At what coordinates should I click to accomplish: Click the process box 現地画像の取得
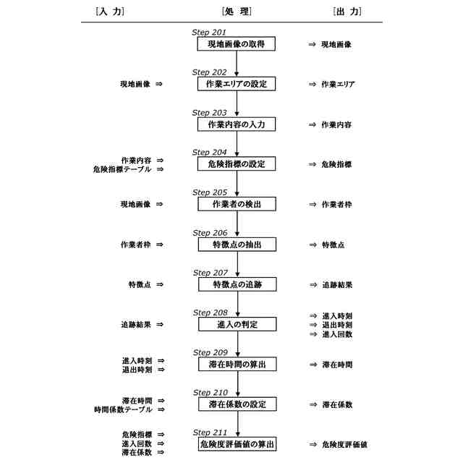[237, 44]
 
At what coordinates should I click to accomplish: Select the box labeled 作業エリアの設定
[237, 84]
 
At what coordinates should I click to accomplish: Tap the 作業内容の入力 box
[237, 124]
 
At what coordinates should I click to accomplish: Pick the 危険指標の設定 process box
[237, 164]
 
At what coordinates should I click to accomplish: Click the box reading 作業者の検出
[237, 205]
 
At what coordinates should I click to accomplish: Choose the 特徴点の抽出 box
[237, 245]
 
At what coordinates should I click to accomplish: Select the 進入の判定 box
[237, 324]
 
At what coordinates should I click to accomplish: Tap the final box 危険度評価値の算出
[237, 443]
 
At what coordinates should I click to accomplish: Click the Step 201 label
[209, 33]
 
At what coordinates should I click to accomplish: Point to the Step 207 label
[210, 273]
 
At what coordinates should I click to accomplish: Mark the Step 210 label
[210, 392]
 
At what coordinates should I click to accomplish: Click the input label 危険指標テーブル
[122, 169]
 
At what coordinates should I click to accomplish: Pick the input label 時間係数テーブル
[122, 409]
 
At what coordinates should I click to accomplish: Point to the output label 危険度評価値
[344, 443]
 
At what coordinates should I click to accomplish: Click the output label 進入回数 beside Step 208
[337, 334]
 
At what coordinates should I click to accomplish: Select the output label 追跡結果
[337, 285]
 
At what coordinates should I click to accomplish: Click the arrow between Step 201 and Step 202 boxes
[237, 64]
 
